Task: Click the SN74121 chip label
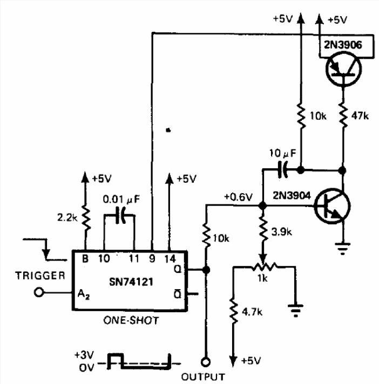point(131,282)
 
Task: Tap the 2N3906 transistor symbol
point(343,69)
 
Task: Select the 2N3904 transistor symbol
point(333,206)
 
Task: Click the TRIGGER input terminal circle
point(39,292)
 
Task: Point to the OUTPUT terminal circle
point(206,362)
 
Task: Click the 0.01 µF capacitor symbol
point(120,215)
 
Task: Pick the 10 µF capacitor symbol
point(282,169)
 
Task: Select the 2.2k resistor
point(85,218)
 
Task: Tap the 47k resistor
point(343,115)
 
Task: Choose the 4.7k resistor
point(234,311)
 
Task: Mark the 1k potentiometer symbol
point(264,266)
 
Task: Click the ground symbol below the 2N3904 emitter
point(343,249)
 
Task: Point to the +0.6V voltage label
point(238,197)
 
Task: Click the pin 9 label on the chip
point(152,259)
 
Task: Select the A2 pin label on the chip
point(83,294)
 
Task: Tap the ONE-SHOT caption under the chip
point(131,320)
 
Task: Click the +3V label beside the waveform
point(84,355)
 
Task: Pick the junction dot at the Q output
point(206,270)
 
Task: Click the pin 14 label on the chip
point(170,259)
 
